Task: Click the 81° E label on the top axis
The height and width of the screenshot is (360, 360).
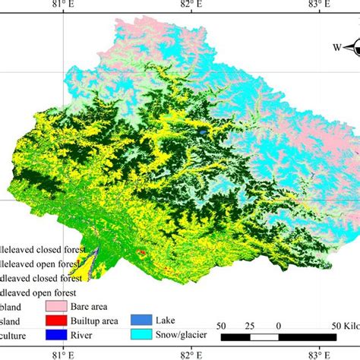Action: coord(62,6)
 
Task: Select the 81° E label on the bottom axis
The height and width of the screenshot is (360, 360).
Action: coord(62,354)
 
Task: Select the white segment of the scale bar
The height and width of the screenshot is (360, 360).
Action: coord(264,336)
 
